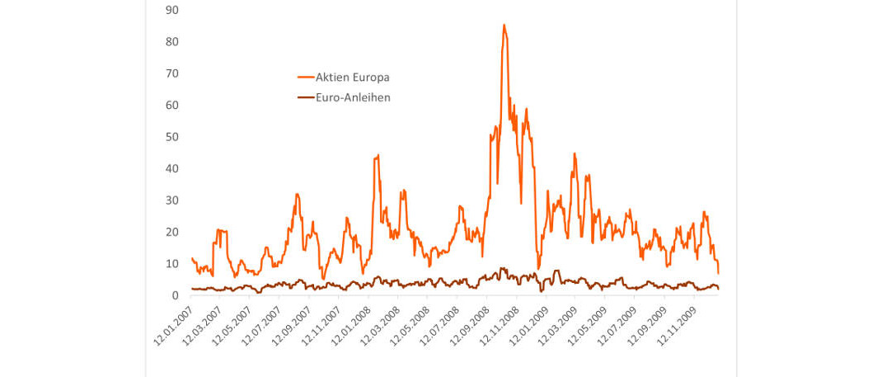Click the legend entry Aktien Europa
(x=352, y=77)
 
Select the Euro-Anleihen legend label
(x=353, y=97)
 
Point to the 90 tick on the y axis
(x=172, y=10)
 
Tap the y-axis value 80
(x=172, y=41)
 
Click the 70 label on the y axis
(x=172, y=73)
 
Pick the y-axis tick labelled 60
(x=172, y=105)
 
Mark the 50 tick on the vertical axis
(x=172, y=136)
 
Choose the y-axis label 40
(x=172, y=168)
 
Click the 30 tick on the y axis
(x=172, y=200)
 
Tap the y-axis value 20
(x=172, y=232)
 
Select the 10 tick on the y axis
(x=172, y=263)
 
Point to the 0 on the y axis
(x=176, y=295)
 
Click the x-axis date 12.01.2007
(x=173, y=326)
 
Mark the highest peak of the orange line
(x=504, y=25)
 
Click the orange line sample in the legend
(x=305, y=77)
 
